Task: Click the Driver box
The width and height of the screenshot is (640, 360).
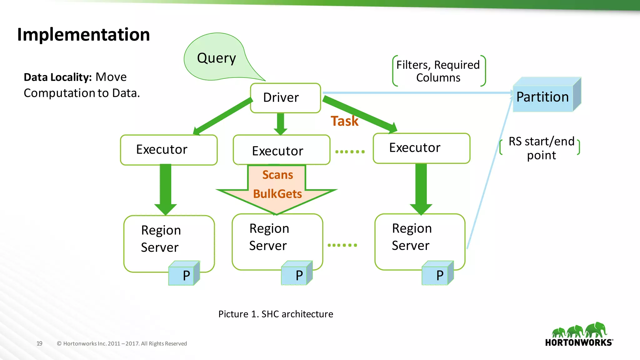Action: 285,98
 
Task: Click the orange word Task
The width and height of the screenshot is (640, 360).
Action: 344,121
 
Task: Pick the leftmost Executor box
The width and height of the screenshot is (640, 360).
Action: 169,150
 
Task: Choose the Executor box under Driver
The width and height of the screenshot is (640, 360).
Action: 281,150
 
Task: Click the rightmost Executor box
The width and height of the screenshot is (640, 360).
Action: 421,148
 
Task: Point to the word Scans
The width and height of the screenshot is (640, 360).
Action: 277,175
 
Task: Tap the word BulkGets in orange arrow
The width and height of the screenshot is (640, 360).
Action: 277,194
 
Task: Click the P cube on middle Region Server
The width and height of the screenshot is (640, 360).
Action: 297,274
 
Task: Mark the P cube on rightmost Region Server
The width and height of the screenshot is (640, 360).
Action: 437,274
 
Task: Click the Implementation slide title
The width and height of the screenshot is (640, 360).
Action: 83,34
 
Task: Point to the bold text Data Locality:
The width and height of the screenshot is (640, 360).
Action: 57,77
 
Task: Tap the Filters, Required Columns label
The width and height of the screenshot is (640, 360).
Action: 438,71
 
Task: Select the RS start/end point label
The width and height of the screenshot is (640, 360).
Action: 541,148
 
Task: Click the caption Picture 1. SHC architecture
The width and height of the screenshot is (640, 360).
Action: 276,314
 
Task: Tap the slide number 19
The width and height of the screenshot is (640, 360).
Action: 39,343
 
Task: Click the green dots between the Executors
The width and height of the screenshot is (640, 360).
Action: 350,152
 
